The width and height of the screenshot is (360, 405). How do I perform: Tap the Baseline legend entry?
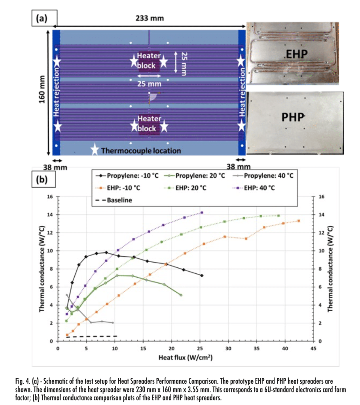(117, 200)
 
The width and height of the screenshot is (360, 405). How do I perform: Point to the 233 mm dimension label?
(150, 19)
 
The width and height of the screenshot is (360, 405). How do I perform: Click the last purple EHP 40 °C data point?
(202, 212)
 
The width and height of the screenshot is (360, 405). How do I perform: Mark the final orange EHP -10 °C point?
(299, 221)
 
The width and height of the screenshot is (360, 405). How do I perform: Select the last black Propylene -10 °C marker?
(202, 275)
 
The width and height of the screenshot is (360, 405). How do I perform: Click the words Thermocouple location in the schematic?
(141, 150)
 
